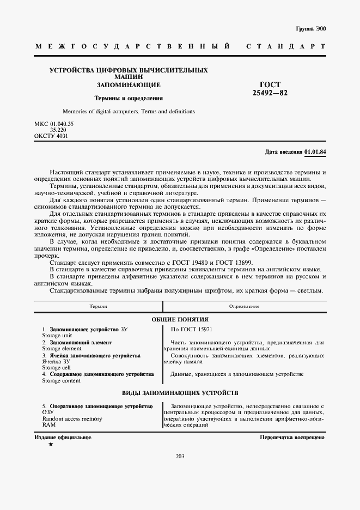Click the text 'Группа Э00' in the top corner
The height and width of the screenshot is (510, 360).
(311, 28)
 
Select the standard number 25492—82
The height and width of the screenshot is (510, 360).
(270, 93)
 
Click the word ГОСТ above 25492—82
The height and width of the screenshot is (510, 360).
(270, 85)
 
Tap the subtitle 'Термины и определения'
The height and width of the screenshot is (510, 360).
(129, 99)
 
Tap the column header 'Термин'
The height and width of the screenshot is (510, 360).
(99, 307)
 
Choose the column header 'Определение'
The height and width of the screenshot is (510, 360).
(244, 307)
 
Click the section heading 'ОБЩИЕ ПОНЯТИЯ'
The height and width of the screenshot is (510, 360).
(180, 319)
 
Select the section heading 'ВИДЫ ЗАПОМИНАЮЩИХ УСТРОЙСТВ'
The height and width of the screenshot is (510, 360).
(180, 393)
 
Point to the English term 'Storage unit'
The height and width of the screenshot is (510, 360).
(56, 336)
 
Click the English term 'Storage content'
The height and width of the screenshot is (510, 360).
(61, 380)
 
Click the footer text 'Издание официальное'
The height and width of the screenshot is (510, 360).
(63, 438)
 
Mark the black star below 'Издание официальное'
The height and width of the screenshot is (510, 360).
(51, 445)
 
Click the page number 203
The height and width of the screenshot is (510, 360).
(180, 456)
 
